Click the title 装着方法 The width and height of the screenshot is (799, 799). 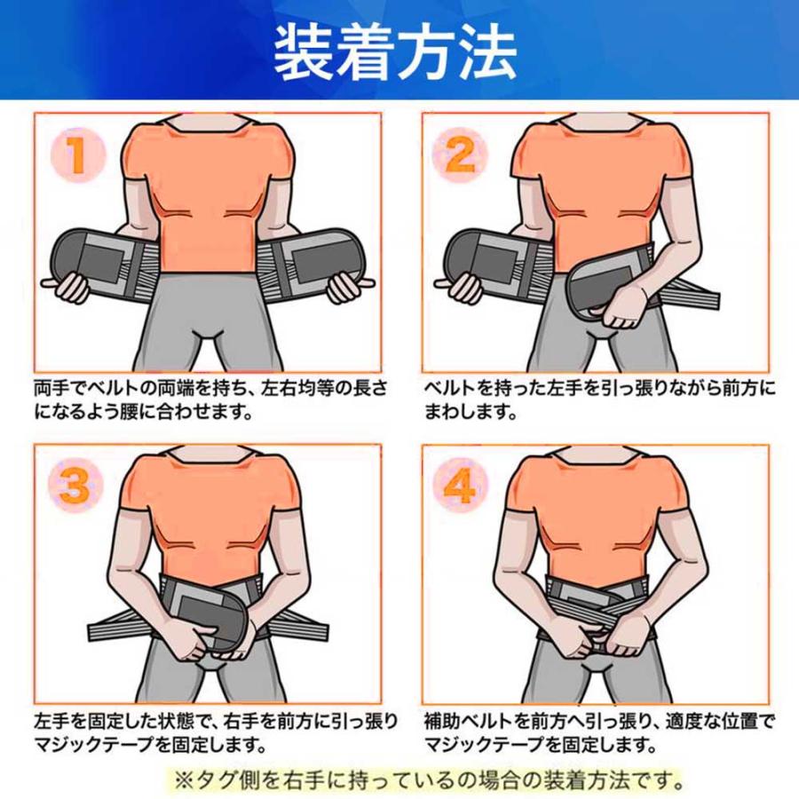[395, 53]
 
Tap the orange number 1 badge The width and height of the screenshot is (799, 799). [78, 155]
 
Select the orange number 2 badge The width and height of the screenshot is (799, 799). [460, 155]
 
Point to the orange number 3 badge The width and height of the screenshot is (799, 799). [75, 485]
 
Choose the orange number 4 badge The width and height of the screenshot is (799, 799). [460, 485]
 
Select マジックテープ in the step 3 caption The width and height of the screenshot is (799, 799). [94, 745]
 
